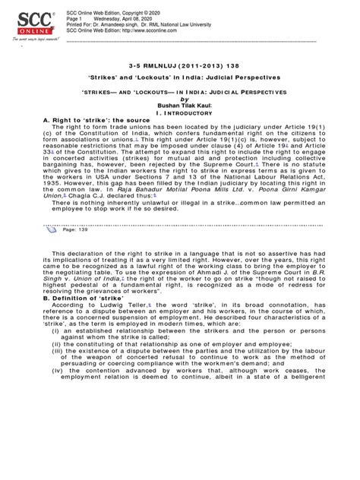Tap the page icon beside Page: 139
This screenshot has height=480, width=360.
56,250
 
